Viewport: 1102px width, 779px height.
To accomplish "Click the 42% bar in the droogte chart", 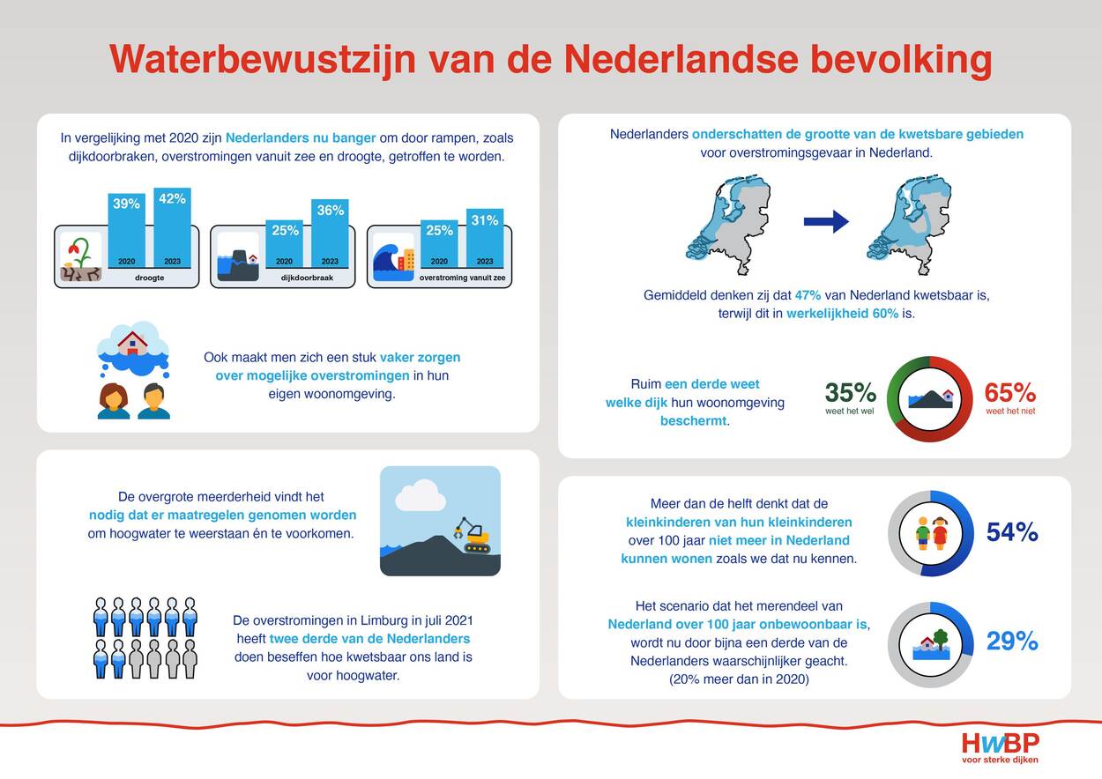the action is pyautogui.click(x=172, y=227).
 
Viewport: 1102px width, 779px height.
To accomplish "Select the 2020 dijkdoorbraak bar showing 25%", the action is pyautogui.click(x=285, y=244).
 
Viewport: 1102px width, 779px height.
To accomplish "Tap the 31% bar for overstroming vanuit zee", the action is pyautogui.click(x=485, y=239).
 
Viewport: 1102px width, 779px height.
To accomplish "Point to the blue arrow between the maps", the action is pyautogui.click(x=826, y=221).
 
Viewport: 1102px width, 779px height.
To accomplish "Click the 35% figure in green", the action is pyautogui.click(x=850, y=392).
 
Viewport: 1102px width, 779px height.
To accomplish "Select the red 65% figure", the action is pyautogui.click(x=1010, y=392).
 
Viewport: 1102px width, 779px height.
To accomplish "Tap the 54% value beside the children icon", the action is pyautogui.click(x=1012, y=531).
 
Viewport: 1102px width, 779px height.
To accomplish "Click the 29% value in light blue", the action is pyautogui.click(x=1012, y=641).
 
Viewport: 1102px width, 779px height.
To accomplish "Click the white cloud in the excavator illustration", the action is pyautogui.click(x=421, y=496).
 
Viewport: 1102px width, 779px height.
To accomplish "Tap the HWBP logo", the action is pyautogui.click(x=1000, y=747).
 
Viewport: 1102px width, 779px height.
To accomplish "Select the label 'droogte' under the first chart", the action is pyautogui.click(x=150, y=278).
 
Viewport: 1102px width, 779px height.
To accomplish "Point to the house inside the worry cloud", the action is pyautogui.click(x=132, y=344).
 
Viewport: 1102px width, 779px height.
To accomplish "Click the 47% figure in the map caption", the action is pyautogui.click(x=808, y=295).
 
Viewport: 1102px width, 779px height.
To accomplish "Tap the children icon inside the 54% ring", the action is pyautogui.click(x=930, y=534).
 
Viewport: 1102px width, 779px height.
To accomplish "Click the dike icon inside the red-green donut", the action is pyautogui.click(x=930, y=399).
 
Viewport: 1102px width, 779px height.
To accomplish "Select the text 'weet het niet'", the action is pyautogui.click(x=1010, y=412).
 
